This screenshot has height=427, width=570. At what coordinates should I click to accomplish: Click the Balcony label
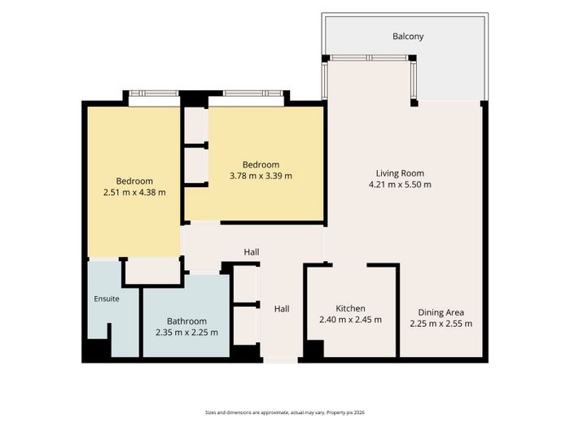[x=408, y=37]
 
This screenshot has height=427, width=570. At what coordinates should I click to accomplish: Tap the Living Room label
[x=400, y=173]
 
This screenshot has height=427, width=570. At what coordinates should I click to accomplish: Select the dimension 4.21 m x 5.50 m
[x=400, y=185]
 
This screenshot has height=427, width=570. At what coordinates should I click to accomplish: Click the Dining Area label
[x=441, y=312]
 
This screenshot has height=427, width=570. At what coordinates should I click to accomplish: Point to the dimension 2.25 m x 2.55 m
[x=441, y=324]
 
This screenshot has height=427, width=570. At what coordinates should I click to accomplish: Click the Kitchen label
[x=350, y=308]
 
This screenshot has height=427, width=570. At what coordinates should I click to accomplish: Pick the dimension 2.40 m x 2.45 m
[x=350, y=320]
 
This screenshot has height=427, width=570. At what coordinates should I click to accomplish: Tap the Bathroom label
[x=186, y=321]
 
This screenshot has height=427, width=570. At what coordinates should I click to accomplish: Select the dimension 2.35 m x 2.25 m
[x=186, y=333]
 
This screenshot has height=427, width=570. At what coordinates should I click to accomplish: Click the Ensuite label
[x=107, y=298]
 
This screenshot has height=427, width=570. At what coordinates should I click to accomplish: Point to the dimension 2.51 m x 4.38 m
[x=134, y=193]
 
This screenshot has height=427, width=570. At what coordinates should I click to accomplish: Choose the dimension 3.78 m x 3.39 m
[x=261, y=176]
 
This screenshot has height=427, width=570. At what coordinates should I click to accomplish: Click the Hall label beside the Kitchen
[x=282, y=309]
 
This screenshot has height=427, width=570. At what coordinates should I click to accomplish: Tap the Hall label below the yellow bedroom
[x=252, y=252]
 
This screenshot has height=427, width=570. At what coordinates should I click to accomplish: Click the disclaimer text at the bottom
[x=285, y=412]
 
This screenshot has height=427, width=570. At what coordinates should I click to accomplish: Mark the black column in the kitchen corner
[x=314, y=349]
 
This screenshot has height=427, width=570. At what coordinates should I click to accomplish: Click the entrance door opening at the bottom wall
[x=280, y=360]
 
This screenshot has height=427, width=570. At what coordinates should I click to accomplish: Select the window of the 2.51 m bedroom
[x=154, y=94]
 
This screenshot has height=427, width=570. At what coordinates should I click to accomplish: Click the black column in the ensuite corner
[x=97, y=349]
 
